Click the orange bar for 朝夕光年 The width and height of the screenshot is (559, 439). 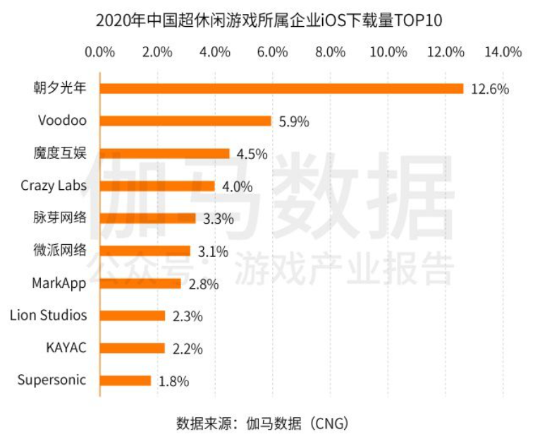pyautogui.click(x=281, y=88)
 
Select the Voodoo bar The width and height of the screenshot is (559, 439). pyautogui.click(x=185, y=121)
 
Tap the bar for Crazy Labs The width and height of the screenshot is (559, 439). pyautogui.click(x=157, y=186)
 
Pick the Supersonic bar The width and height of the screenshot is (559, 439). pyautogui.click(x=125, y=380)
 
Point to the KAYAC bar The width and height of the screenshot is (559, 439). pyautogui.click(x=132, y=348)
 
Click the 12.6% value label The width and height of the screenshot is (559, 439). pyautogui.click(x=489, y=89)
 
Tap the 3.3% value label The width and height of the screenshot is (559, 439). pyautogui.click(x=218, y=219)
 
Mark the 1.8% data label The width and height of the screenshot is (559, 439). pyautogui.click(x=173, y=381)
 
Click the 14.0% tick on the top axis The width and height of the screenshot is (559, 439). pyautogui.click(x=503, y=52)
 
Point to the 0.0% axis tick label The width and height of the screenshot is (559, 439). pyautogui.click(x=99, y=52)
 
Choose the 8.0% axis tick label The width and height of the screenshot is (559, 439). pyautogui.click(x=330, y=52)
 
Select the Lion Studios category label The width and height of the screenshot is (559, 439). pyautogui.click(x=49, y=315)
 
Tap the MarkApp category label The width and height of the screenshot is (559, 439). pyautogui.click(x=59, y=282)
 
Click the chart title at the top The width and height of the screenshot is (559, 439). pyautogui.click(x=269, y=20)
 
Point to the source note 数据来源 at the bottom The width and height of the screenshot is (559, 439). pyautogui.click(x=263, y=423)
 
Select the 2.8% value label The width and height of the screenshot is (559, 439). pyautogui.click(x=203, y=284)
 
